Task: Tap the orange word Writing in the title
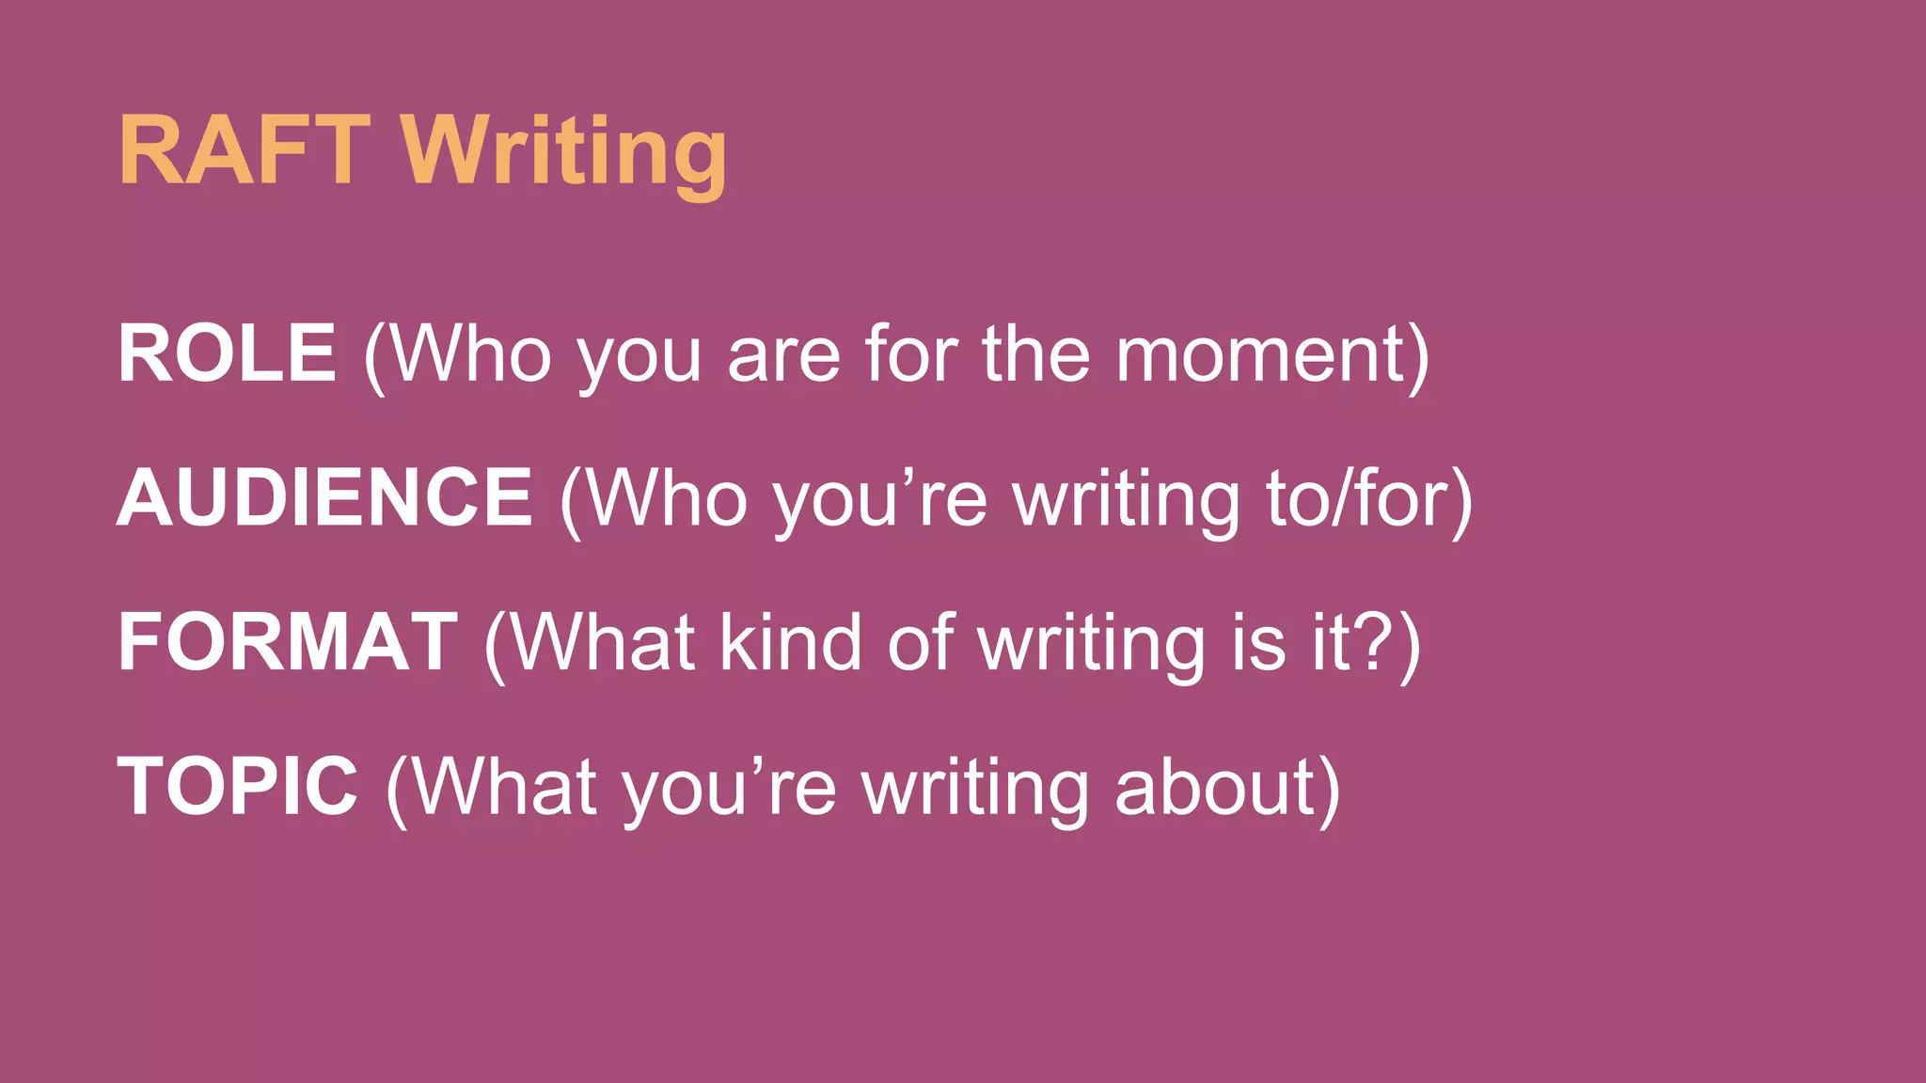[564, 152]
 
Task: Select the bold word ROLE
[227, 353]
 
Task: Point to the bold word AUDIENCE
[324, 498]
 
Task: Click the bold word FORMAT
[288, 643]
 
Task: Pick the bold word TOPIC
[237, 787]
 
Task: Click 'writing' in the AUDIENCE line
[1127, 502]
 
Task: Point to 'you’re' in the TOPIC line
[728, 790]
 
